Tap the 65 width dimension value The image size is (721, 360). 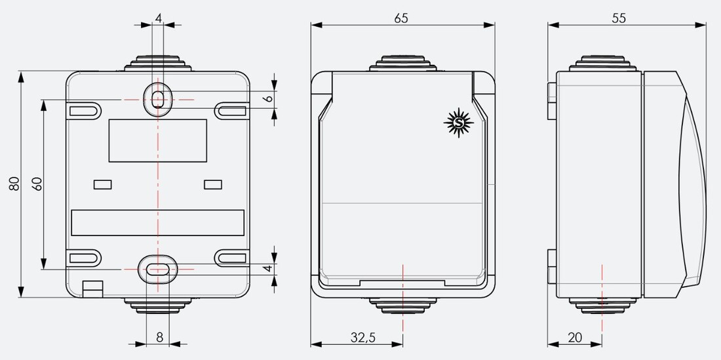[x=401, y=18]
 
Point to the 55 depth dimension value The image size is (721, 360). [x=619, y=18]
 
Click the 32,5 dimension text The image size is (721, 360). [x=362, y=338]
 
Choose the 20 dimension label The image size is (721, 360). [x=574, y=338]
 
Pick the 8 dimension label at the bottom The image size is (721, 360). [x=159, y=338]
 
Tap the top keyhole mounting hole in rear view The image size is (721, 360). [x=158, y=99]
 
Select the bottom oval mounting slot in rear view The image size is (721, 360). [x=157, y=268]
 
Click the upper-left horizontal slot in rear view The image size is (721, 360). [x=85, y=110]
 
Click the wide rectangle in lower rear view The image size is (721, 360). [x=157, y=223]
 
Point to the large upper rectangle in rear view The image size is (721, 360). [x=157, y=140]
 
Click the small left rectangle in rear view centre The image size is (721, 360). [x=103, y=184]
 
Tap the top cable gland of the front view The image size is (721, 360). [x=402, y=64]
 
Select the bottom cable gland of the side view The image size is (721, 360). [x=601, y=304]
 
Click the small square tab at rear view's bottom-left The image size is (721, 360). [x=92, y=287]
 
